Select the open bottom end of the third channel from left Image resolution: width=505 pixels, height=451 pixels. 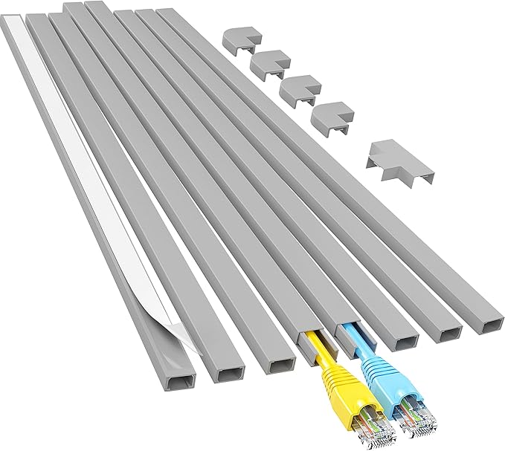tap(280, 366)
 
